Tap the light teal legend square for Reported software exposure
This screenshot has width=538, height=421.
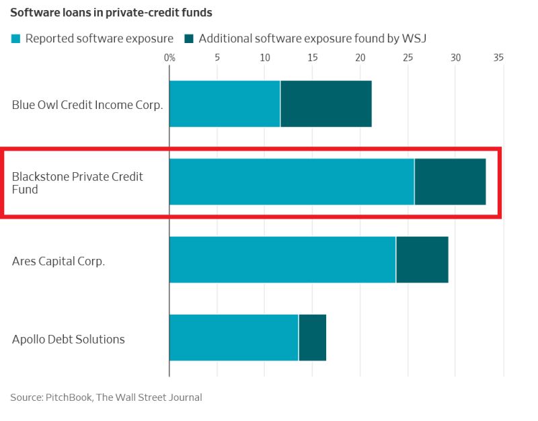[16, 38]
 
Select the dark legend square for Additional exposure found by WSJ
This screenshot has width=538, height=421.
[190, 38]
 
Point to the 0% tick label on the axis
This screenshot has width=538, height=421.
[169, 57]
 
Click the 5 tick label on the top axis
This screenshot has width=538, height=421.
[217, 57]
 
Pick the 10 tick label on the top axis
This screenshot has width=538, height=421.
[264, 57]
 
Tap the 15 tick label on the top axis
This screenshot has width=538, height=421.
[312, 57]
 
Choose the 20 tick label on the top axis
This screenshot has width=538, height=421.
[360, 57]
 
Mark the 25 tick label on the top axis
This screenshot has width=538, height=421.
[408, 57]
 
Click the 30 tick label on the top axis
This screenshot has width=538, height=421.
[455, 57]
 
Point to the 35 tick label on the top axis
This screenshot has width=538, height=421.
[498, 57]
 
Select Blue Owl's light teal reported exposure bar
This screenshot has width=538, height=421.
[225, 104]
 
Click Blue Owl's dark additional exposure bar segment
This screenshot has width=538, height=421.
[325, 104]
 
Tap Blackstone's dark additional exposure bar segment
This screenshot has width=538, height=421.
[450, 182]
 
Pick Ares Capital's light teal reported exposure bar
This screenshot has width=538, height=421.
[282, 260]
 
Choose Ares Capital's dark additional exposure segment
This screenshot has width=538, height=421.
[422, 260]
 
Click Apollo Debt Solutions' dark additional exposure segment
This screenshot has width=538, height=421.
[312, 338]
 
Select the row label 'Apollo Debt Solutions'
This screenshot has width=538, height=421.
[69, 339]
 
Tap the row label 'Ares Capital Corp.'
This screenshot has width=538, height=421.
[59, 261]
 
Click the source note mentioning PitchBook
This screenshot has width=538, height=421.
[106, 397]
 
